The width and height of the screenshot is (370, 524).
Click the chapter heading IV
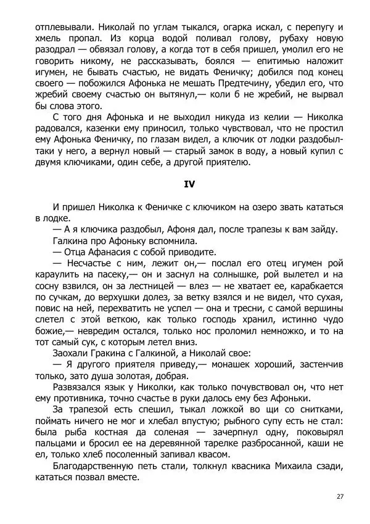click(x=189, y=184)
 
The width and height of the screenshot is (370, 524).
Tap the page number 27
click(x=340, y=497)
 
